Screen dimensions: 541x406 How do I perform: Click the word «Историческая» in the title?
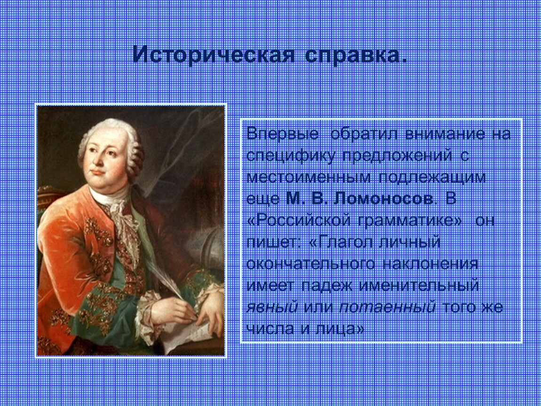[214, 54]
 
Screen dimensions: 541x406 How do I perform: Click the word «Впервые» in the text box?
[282, 134]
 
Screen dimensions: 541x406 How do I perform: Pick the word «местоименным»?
[309, 177]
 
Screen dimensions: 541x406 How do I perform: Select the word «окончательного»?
[310, 264]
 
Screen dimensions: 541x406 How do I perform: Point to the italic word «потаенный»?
[388, 307]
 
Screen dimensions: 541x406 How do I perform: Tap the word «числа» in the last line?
[270, 328]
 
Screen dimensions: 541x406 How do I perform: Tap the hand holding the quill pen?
[173, 308]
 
